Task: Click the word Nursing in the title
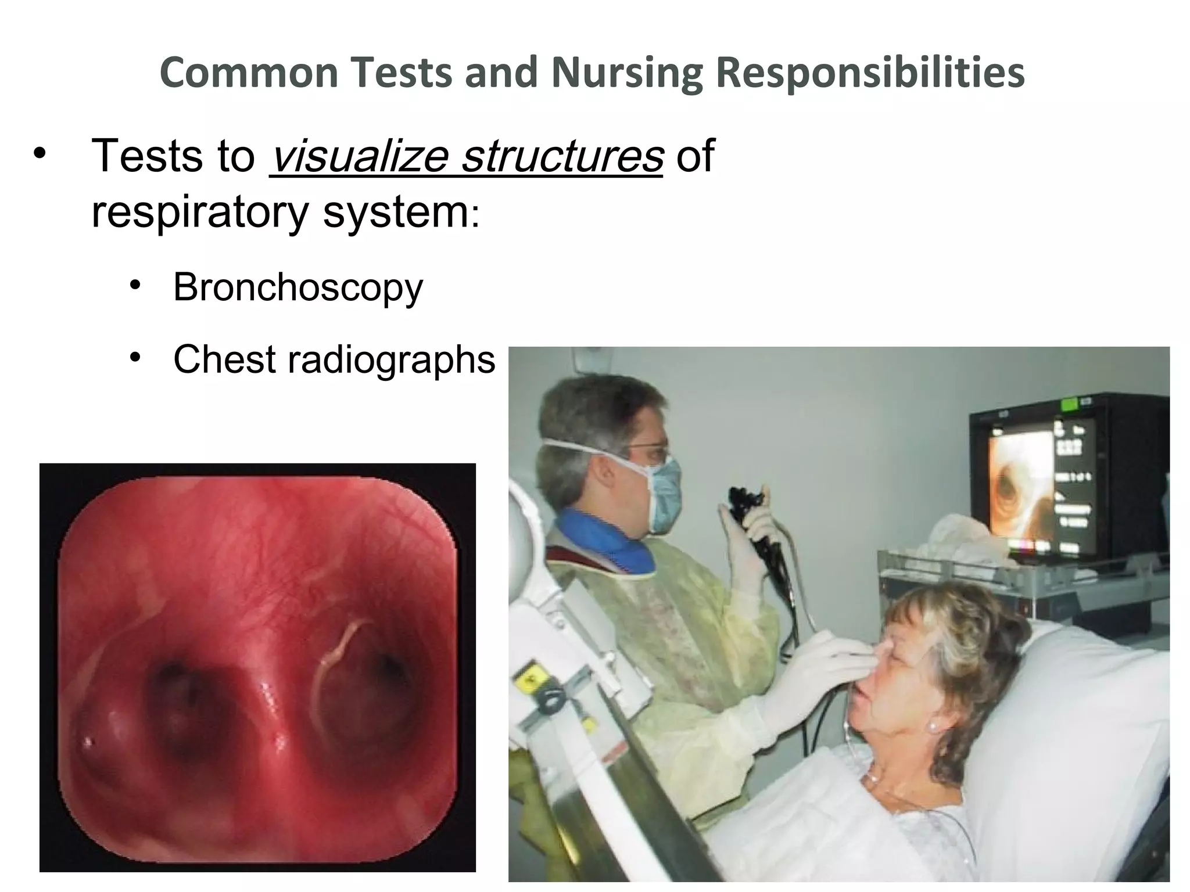point(626,74)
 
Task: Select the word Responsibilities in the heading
point(870,74)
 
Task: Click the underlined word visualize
point(359,156)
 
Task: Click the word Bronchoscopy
point(298,287)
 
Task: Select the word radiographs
point(391,359)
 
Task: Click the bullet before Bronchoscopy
point(136,285)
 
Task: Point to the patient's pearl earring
point(932,726)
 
